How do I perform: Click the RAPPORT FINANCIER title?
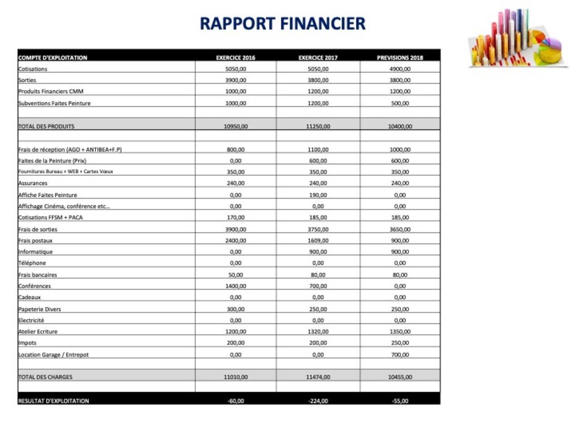coord(283,23)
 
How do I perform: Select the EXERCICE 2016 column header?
coord(235,57)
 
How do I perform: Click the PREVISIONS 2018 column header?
coord(400,57)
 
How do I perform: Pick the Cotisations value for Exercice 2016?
coord(235,69)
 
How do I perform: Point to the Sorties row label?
coord(27,80)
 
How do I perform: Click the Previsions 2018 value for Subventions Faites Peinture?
coord(400,103)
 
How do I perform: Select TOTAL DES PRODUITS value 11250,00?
coord(318,127)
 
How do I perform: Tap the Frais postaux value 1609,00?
coord(318,241)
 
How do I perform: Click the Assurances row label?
coord(33,183)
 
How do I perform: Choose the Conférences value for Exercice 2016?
coord(235,286)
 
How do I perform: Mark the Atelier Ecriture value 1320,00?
coord(318,332)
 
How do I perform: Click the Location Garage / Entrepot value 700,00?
coord(400,355)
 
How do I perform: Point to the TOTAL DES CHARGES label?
coord(45,377)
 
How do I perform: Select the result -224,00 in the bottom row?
coord(318,401)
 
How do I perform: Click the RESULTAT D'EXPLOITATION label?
coord(53,401)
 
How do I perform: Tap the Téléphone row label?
coord(32,263)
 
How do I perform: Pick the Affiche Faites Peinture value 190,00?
coord(318,195)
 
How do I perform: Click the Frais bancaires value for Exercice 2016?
coord(235,275)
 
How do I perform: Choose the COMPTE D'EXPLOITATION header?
coord(53,57)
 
